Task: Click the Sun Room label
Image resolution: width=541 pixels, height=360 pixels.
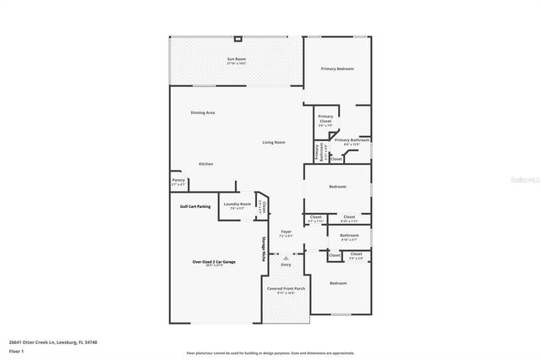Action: pyautogui.click(x=236, y=59)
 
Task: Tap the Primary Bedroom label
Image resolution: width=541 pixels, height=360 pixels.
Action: pyautogui.click(x=336, y=68)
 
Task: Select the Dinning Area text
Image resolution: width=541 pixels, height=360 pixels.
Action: pyautogui.click(x=202, y=112)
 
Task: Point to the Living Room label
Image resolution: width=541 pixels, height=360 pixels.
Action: pyautogui.click(x=273, y=142)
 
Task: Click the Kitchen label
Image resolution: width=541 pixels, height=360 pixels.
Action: pyautogui.click(x=205, y=164)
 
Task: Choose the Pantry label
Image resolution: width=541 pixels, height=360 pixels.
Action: pyautogui.click(x=178, y=180)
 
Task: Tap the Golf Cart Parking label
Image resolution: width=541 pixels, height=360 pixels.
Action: pyautogui.click(x=195, y=206)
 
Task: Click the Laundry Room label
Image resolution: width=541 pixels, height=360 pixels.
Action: pyautogui.click(x=237, y=205)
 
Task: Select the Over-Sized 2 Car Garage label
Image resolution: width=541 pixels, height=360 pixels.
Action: pyautogui.click(x=213, y=262)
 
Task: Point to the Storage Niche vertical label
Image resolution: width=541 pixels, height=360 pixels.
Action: pyautogui.click(x=262, y=248)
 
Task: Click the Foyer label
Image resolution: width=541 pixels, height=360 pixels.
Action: pyautogui.click(x=286, y=232)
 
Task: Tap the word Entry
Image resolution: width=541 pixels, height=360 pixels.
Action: pyautogui.click(x=286, y=265)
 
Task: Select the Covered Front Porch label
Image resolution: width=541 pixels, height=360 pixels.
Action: pyautogui.click(x=286, y=289)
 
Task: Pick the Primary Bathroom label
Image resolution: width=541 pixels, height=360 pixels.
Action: pyautogui.click(x=352, y=140)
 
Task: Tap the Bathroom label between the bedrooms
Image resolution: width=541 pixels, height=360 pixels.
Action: pyautogui.click(x=349, y=236)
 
